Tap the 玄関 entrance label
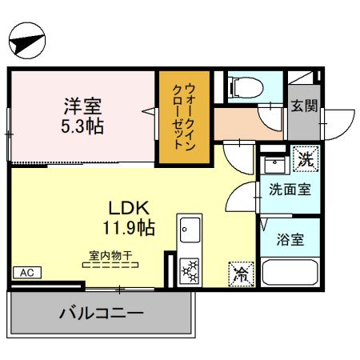pyautogui.click(x=303, y=105)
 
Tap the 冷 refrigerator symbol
pyautogui.click(x=240, y=274)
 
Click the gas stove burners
pyautogui.click(x=190, y=270)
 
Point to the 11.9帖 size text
pyautogui.click(x=128, y=227)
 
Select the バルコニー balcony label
pyautogui.click(x=102, y=312)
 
